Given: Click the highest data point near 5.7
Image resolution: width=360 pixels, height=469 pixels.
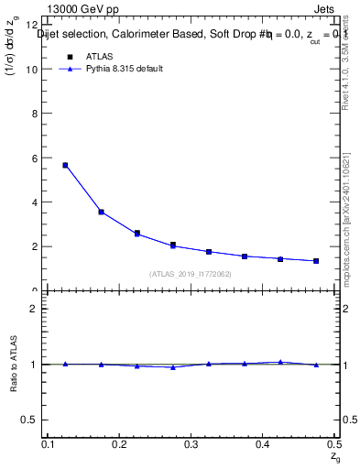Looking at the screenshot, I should coord(65,165).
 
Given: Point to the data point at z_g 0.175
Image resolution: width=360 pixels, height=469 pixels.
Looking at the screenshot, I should coord(101,212).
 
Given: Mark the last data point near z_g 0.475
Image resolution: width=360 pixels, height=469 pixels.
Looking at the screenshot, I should coord(316,261).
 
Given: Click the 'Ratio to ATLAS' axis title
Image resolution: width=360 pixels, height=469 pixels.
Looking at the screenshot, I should coord(13,364).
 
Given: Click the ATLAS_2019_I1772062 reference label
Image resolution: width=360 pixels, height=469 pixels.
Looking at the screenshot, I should coord(191,274).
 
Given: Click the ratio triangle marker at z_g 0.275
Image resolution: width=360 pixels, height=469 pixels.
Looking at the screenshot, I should coord(172,367).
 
